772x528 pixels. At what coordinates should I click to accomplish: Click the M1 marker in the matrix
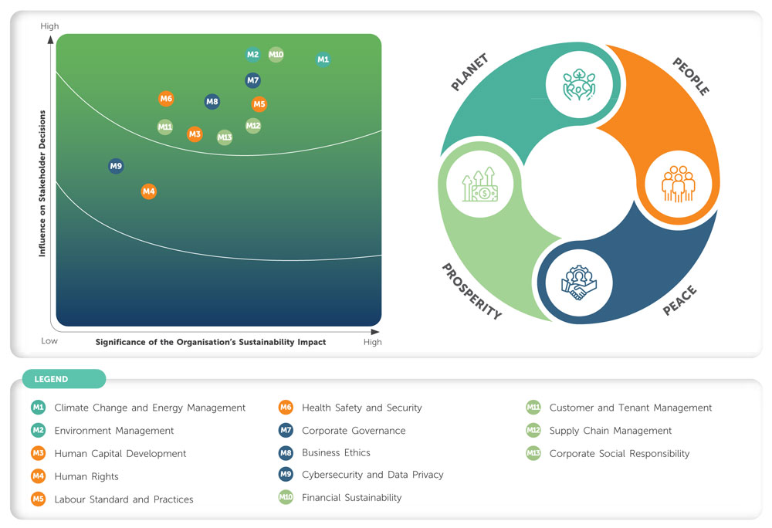(323, 59)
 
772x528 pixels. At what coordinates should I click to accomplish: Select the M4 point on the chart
(149, 191)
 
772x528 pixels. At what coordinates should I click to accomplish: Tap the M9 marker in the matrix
(116, 166)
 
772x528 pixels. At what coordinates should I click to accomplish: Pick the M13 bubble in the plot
(225, 138)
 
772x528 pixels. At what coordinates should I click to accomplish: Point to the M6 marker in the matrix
(166, 99)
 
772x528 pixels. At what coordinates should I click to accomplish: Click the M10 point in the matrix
(276, 55)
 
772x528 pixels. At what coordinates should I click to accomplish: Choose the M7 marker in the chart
(252, 80)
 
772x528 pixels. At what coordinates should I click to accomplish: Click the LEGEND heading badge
(64, 379)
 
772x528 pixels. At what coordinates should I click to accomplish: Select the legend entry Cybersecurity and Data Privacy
(372, 475)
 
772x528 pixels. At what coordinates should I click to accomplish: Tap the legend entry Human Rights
(86, 476)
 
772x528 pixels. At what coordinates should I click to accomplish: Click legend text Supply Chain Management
(610, 431)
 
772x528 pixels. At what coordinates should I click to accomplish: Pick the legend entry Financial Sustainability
(351, 498)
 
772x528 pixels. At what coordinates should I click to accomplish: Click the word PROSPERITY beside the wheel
(471, 291)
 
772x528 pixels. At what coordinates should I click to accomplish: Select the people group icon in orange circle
(679, 184)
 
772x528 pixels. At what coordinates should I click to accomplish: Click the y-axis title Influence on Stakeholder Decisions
(42, 183)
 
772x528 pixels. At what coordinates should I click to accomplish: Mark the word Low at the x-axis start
(49, 340)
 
